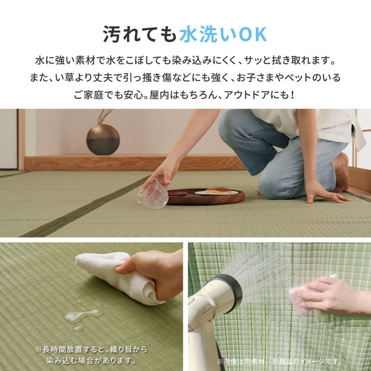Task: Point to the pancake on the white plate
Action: [218, 191]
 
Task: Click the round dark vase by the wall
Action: [103, 139]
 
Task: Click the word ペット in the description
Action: [295, 77]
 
